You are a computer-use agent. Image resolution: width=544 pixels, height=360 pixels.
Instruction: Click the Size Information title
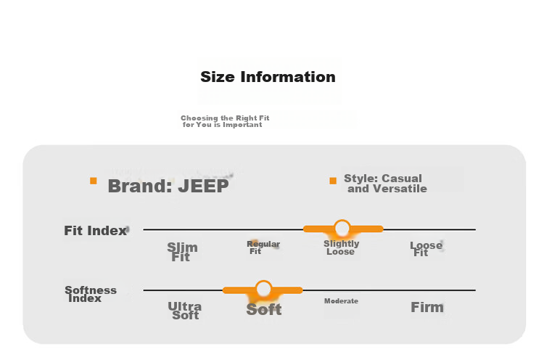(268, 77)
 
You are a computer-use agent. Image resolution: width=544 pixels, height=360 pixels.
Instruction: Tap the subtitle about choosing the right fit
(225, 121)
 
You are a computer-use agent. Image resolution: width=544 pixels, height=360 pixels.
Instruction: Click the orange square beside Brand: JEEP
(94, 181)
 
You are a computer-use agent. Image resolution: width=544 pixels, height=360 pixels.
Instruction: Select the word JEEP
(203, 186)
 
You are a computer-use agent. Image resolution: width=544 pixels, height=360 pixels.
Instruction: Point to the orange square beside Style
(333, 181)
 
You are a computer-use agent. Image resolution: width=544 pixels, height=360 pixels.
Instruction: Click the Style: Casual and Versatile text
(385, 184)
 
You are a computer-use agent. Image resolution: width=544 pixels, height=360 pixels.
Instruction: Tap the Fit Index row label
(96, 231)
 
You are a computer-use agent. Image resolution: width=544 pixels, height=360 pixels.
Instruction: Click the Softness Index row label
(91, 294)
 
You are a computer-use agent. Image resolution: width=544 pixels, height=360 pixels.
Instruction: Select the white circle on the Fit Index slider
(342, 228)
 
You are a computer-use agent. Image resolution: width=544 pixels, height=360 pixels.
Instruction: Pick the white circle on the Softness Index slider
(263, 289)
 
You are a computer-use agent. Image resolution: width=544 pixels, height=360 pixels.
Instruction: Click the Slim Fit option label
(182, 252)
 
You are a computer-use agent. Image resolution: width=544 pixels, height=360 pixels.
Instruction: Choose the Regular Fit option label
(263, 247)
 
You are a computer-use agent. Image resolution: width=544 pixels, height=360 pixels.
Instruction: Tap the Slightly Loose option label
(342, 247)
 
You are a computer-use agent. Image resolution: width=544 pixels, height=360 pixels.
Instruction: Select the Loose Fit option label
(426, 249)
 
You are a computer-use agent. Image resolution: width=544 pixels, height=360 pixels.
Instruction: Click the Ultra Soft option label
(184, 311)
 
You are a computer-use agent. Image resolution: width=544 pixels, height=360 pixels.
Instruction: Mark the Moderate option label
(341, 301)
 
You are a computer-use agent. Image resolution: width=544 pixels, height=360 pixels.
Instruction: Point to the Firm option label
(427, 307)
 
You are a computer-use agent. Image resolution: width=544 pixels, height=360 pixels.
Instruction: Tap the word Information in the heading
(288, 77)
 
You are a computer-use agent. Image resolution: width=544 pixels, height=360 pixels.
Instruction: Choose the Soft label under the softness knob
(264, 309)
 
